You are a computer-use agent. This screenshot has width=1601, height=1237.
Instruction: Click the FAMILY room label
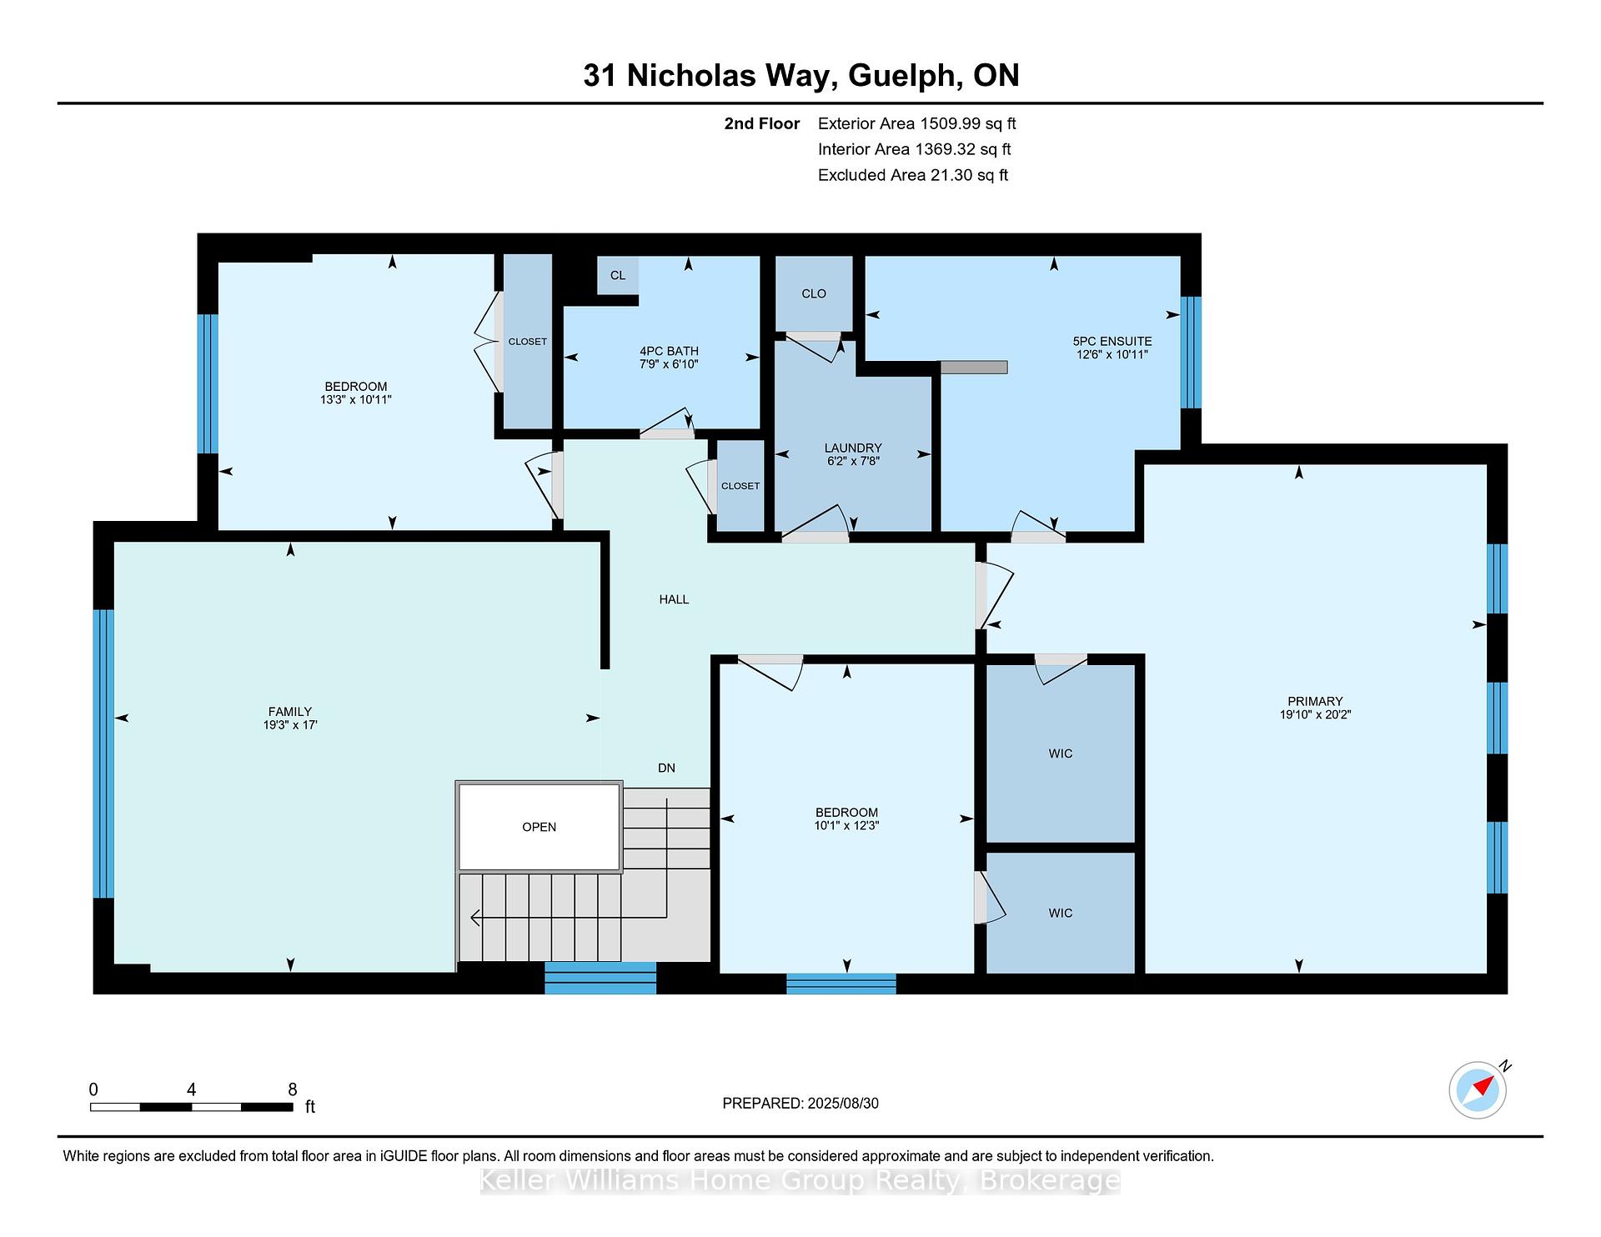click(289, 712)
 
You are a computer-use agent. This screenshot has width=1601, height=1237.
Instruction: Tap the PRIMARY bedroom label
click(1315, 702)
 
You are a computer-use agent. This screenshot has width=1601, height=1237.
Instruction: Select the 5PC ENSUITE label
click(1112, 342)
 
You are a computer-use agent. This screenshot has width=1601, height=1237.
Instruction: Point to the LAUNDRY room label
click(852, 448)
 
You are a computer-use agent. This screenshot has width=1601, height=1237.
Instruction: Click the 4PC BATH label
click(669, 352)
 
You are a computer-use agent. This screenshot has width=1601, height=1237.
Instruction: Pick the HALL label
click(674, 599)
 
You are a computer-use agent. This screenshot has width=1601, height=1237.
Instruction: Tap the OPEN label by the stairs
click(539, 827)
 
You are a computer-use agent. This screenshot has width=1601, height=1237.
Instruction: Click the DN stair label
click(666, 769)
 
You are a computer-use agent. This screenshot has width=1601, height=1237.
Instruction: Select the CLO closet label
click(814, 293)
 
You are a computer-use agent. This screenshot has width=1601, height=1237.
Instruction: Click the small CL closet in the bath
click(618, 275)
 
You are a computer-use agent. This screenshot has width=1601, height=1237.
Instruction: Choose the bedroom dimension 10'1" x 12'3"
click(846, 826)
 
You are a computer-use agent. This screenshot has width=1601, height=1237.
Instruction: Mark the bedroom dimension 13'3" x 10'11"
click(356, 400)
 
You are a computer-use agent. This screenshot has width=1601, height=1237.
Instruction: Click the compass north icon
click(1478, 1089)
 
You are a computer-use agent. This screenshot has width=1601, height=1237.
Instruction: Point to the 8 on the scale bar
click(292, 1089)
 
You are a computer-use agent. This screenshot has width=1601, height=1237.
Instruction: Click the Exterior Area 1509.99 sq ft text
click(917, 124)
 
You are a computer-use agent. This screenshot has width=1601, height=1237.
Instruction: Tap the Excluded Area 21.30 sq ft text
click(913, 175)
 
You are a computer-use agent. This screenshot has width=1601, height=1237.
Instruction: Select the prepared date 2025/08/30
click(843, 1104)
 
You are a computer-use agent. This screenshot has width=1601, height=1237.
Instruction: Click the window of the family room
click(103, 754)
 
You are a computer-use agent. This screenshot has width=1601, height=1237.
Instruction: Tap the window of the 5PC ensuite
click(1192, 352)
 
